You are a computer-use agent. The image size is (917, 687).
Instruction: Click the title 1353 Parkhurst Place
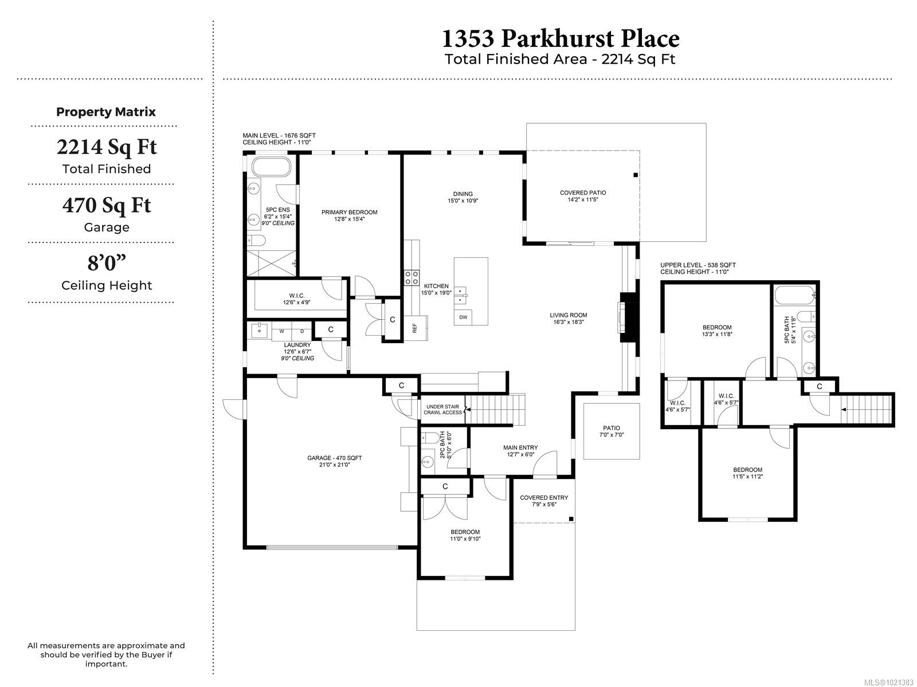[x=560, y=39]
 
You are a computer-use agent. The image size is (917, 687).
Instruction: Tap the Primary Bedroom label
[x=349, y=212]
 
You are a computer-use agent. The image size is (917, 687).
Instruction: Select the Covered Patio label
[x=583, y=193]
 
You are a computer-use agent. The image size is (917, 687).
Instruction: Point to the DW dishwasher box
[x=463, y=317]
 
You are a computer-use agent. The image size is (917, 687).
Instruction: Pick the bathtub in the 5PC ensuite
[x=271, y=168]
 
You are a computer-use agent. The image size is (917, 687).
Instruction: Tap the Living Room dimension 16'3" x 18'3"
[x=568, y=322]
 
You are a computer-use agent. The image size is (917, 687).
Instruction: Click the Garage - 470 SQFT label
[x=334, y=458]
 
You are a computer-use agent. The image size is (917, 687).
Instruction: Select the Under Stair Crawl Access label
[x=443, y=409]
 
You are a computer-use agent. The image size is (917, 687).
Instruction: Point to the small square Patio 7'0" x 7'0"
[x=612, y=431]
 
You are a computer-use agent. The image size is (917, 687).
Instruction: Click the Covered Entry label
[x=544, y=497]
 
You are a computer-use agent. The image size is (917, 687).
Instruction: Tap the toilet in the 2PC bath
[x=430, y=438]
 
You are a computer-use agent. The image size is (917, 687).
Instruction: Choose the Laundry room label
[x=297, y=345]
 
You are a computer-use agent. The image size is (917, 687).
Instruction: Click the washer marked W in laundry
[x=282, y=331]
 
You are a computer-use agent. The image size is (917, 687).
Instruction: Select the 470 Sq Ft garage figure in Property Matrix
[x=107, y=206]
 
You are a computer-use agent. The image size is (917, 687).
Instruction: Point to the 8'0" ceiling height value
[x=107, y=263]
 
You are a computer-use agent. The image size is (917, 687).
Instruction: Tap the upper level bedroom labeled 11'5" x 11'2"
[x=747, y=473]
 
